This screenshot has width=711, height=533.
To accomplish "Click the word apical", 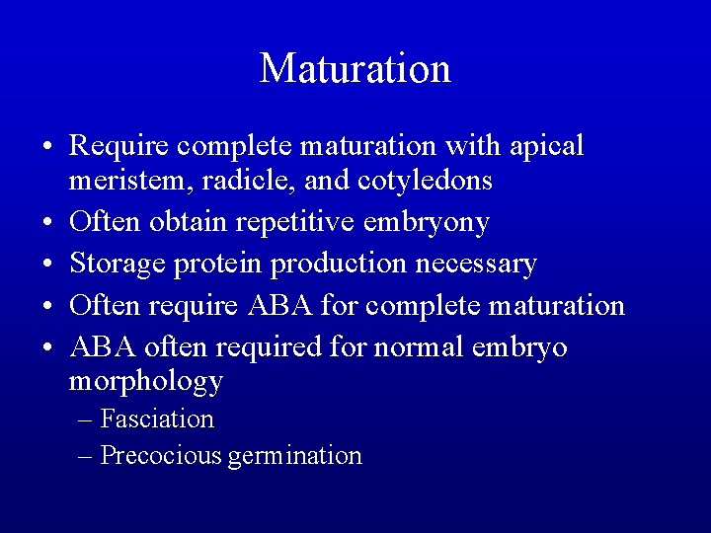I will click(x=548, y=146).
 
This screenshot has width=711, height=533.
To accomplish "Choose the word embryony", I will click(x=428, y=223).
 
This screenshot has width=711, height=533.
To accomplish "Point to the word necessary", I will click(x=478, y=264).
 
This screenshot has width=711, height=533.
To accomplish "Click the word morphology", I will click(x=146, y=381).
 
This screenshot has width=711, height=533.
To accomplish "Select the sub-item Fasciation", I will click(x=157, y=419).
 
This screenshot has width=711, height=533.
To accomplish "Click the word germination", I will click(x=294, y=456).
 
